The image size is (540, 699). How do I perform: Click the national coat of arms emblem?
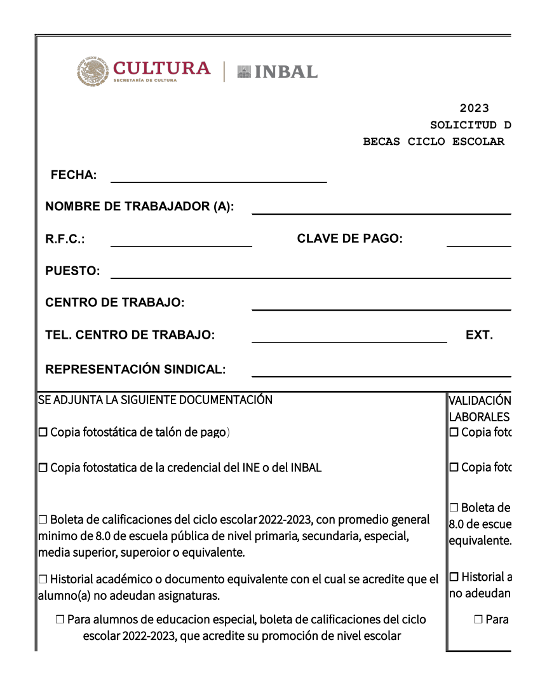point(93,72)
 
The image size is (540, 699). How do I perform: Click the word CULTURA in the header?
point(161,68)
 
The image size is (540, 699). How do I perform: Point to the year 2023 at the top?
point(474,109)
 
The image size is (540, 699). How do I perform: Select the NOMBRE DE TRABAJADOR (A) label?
point(140,207)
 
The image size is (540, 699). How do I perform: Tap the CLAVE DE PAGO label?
point(349,239)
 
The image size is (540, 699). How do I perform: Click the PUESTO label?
point(72,271)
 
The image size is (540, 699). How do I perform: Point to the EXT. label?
point(479,335)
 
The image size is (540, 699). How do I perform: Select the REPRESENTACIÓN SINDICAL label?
point(135,369)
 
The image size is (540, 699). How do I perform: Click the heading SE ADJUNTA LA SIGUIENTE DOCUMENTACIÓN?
point(155,400)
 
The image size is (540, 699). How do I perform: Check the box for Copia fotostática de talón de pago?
point(43,433)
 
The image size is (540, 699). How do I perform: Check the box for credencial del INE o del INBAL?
point(43,468)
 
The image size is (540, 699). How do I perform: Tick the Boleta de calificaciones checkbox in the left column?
point(43,520)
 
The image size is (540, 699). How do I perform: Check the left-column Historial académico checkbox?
point(43,580)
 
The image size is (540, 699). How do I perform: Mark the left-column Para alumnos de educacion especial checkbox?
point(60,620)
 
